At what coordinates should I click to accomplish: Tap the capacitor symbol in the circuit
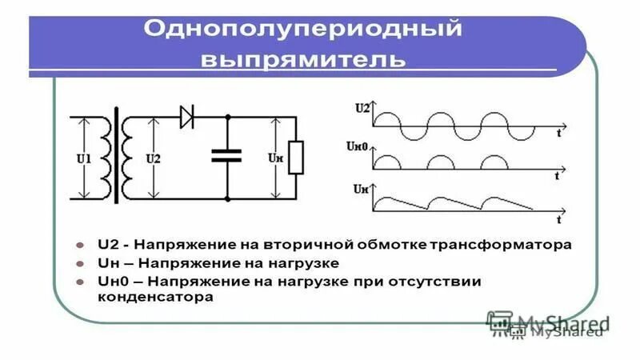[x=226, y=154]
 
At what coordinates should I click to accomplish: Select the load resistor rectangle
[x=296, y=157]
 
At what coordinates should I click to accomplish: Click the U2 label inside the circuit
[x=153, y=158]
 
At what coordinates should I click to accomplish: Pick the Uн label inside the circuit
[x=274, y=158]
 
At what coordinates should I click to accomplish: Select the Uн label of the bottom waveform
[x=361, y=189]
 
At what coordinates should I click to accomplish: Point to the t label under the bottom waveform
[x=560, y=218]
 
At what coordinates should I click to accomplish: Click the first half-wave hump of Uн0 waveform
[x=389, y=162]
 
